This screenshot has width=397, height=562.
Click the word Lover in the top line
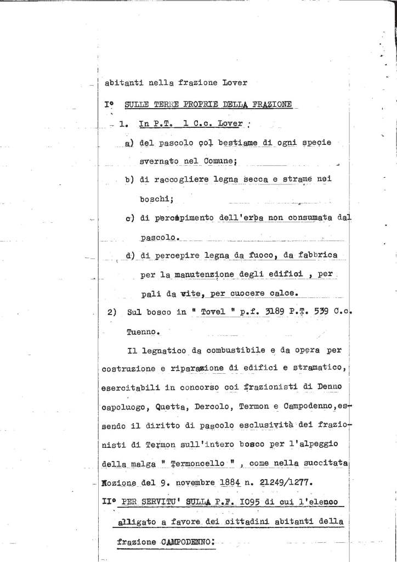[234, 83]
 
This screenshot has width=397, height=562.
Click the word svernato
[157, 162]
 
